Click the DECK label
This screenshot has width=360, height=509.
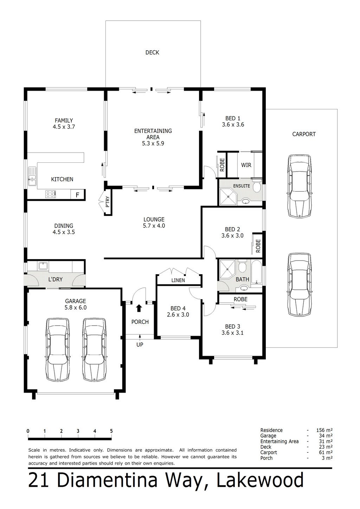(152, 53)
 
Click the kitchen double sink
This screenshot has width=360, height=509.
(32, 176)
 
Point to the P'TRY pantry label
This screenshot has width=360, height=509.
(108, 204)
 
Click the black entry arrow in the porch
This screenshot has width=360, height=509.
(139, 308)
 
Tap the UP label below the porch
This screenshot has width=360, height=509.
(140, 345)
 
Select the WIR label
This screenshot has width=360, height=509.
(246, 165)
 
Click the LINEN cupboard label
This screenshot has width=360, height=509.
(178, 280)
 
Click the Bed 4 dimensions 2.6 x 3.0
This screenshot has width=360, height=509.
(178, 315)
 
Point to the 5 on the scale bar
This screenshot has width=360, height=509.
(111, 431)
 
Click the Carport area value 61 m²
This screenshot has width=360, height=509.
(326, 452)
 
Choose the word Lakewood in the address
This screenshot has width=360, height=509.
(260, 481)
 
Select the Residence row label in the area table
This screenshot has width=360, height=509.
(271, 430)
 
